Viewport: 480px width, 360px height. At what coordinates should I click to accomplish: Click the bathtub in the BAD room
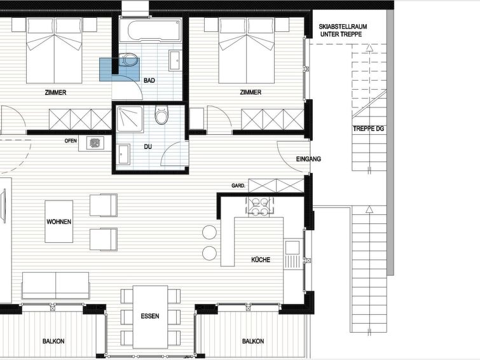150,30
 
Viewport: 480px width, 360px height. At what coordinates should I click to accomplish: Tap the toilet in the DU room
161,115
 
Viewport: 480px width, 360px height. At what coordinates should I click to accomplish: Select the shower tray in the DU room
130,119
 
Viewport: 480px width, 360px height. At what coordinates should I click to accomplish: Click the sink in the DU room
123,155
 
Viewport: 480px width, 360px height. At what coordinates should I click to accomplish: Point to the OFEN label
71,141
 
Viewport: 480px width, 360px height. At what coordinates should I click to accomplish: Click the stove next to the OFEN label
95,142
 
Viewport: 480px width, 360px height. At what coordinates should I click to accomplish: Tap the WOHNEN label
58,221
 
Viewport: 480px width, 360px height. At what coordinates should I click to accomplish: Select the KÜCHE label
261,260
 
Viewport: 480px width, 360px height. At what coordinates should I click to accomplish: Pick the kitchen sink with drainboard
292,254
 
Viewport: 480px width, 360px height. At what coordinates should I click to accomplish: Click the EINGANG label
308,159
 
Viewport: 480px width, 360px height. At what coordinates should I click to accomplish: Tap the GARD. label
238,186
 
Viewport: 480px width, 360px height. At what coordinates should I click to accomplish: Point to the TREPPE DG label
368,128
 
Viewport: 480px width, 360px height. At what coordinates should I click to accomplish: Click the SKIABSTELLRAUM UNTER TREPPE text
343,31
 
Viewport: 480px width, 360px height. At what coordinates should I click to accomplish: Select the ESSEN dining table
150,317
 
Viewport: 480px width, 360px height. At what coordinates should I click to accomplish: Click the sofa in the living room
56,286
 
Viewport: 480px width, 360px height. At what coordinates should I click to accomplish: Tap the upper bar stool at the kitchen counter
209,232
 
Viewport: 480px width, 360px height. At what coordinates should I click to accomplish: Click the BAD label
149,81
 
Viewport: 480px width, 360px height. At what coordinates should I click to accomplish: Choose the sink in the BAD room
174,60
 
